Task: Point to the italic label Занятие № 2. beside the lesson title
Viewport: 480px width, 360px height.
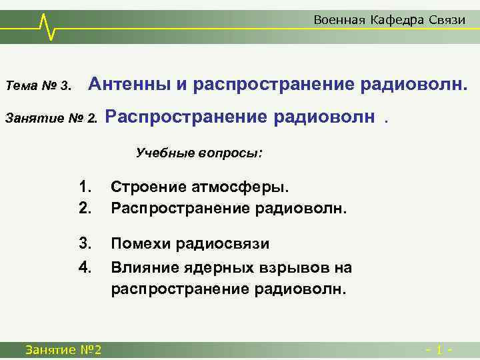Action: (x=51, y=119)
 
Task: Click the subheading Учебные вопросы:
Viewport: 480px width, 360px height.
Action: (x=199, y=153)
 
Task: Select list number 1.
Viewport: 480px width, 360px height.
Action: (x=84, y=188)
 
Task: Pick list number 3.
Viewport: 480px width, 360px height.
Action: (x=84, y=243)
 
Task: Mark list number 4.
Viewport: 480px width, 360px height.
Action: (x=84, y=267)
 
